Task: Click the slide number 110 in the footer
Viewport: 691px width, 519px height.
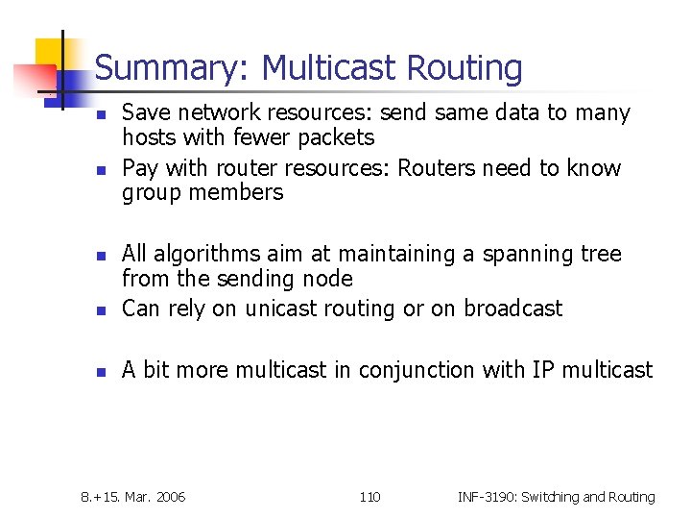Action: [369, 497]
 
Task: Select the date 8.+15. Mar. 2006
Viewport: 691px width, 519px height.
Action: [133, 497]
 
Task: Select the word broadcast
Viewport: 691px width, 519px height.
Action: [512, 309]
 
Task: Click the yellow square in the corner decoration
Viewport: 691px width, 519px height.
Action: [52, 54]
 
